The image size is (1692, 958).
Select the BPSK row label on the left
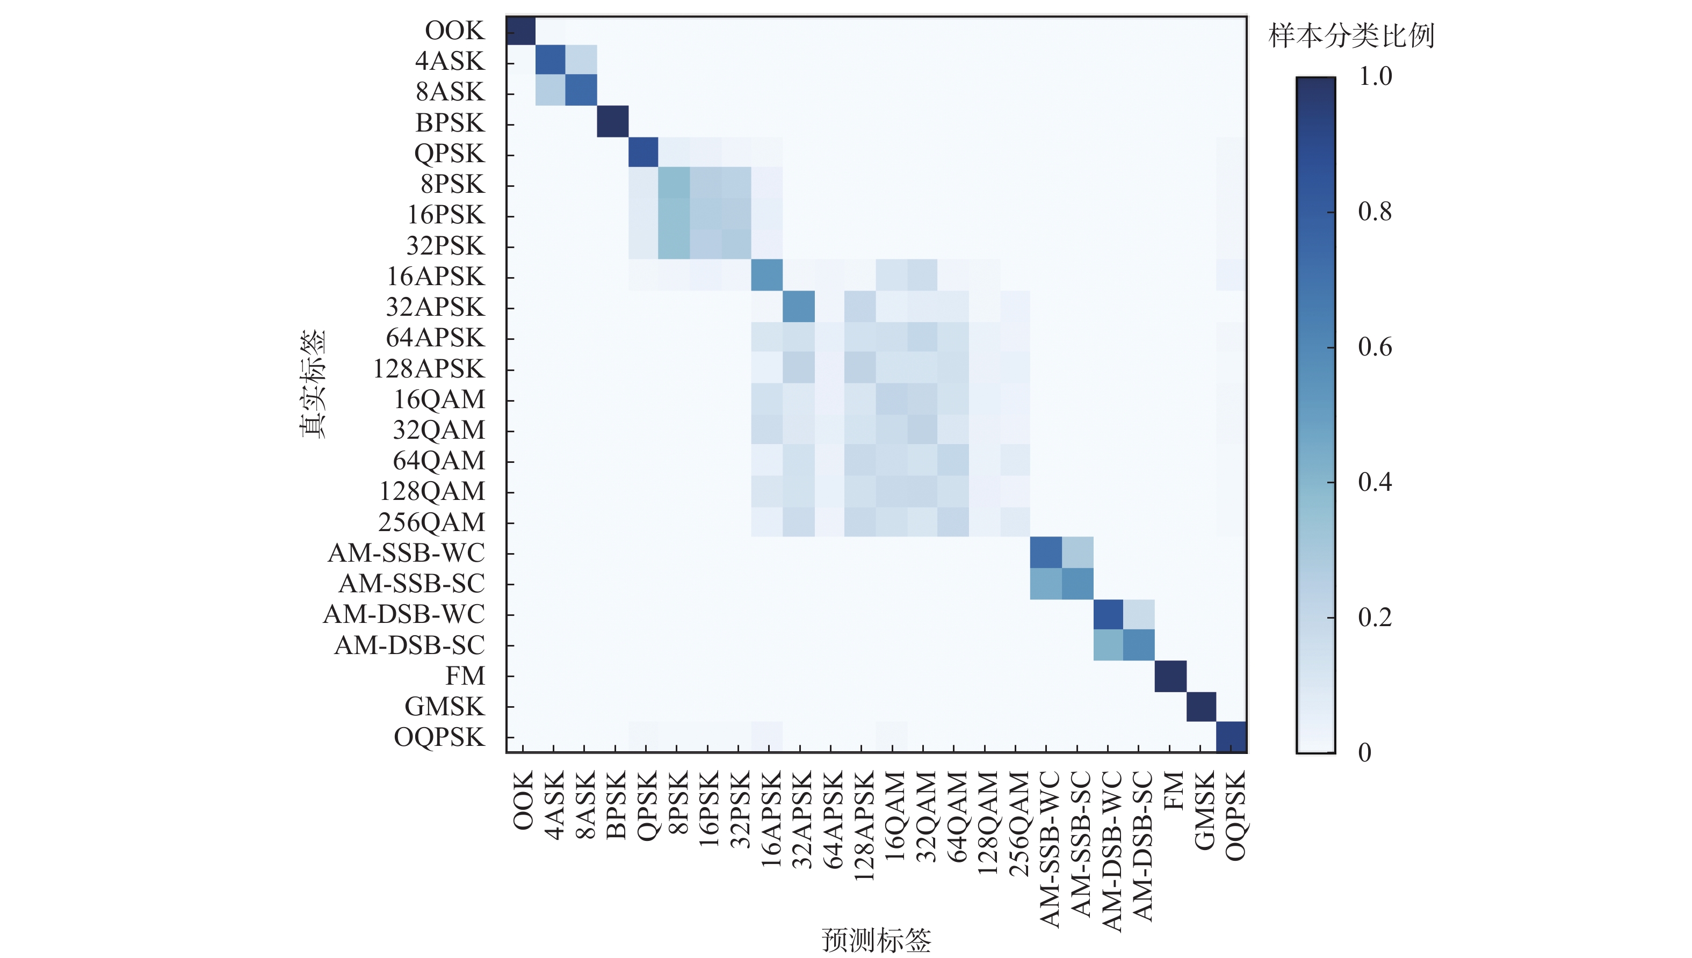pyautogui.click(x=450, y=122)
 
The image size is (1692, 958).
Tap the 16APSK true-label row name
pyautogui.click(x=435, y=277)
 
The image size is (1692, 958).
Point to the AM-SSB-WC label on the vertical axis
pyautogui.click(x=406, y=553)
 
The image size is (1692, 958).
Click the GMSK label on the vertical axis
pyautogui.click(x=444, y=707)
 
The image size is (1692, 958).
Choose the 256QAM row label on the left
pyautogui.click(x=431, y=522)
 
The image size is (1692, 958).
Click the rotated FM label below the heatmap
pyautogui.click(x=1173, y=791)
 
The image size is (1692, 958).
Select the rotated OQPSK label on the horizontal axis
pyautogui.click(x=1234, y=816)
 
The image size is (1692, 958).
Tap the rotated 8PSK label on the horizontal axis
pyautogui.click(x=677, y=803)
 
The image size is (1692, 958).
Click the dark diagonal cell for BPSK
pyautogui.click(x=613, y=122)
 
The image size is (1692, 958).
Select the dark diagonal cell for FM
pyautogui.click(x=1170, y=677)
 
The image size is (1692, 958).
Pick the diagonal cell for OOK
pyautogui.click(x=520, y=30)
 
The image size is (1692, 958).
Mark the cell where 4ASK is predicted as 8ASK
pyautogui.click(x=582, y=61)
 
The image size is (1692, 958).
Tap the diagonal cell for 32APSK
pyautogui.click(x=798, y=307)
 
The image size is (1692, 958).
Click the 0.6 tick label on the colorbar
pyautogui.click(x=1375, y=347)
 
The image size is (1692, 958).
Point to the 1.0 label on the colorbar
pyautogui.click(x=1375, y=76)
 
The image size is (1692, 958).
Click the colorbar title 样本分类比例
pyautogui.click(x=1350, y=35)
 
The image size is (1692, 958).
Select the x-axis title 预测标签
pyautogui.click(x=876, y=940)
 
